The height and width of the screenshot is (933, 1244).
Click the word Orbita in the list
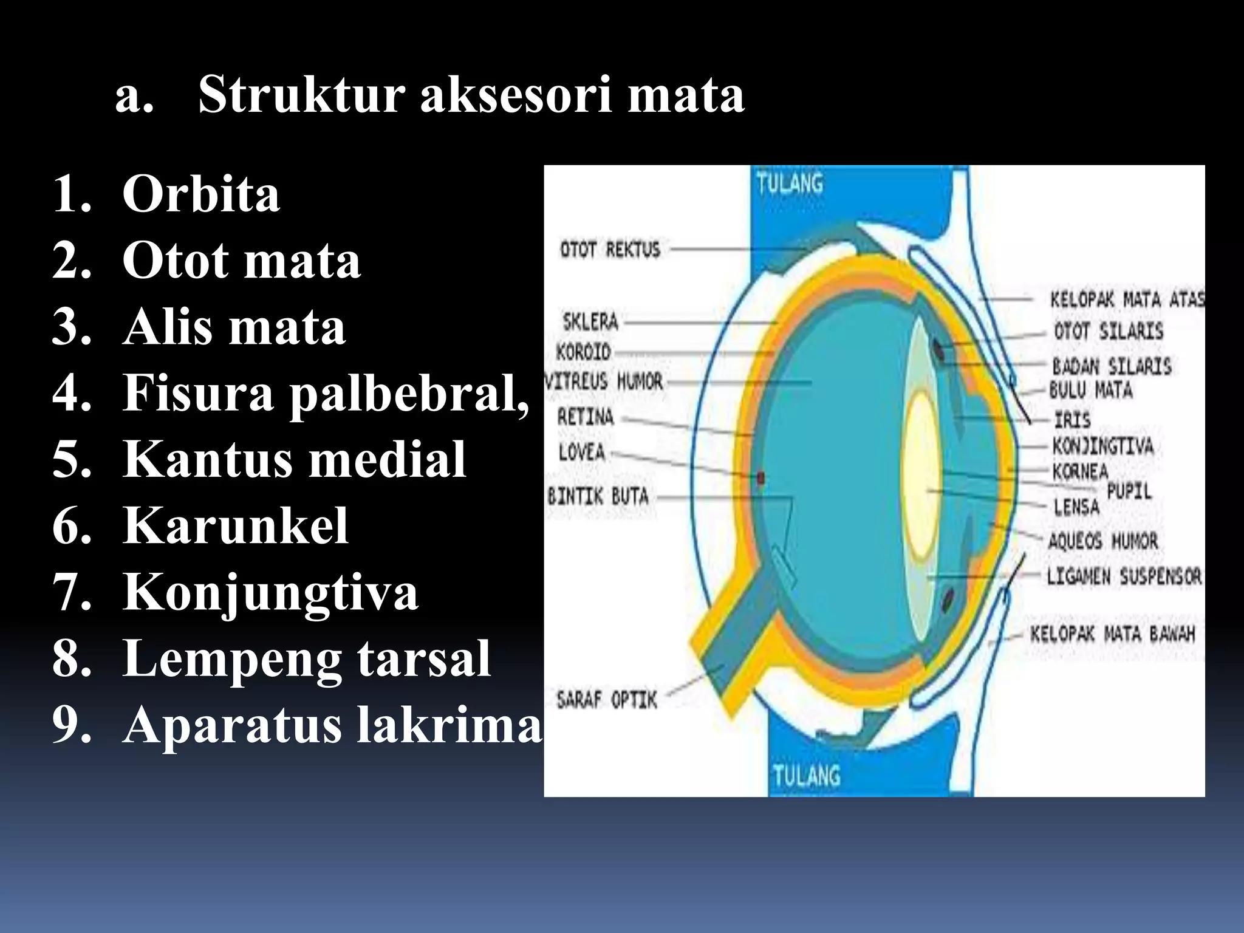(201, 194)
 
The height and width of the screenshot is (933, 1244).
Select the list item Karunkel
(235, 525)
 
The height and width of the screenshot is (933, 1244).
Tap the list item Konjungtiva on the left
(270, 592)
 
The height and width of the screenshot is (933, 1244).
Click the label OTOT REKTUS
(609, 249)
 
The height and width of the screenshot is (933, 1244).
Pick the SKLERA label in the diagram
(590, 321)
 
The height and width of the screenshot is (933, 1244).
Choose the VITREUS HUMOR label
(603, 381)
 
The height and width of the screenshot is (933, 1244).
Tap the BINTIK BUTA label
(598, 496)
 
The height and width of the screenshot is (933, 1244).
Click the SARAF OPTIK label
(606, 700)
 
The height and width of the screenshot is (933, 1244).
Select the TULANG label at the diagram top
(790, 183)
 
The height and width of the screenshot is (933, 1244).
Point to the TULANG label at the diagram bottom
(806, 776)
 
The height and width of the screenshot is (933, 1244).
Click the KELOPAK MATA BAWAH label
(1112, 634)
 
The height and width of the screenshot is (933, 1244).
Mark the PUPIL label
(1129, 491)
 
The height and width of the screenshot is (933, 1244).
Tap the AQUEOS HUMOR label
(1103, 541)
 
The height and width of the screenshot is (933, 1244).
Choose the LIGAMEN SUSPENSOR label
(1124, 576)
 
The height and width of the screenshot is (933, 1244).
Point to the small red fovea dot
(760, 477)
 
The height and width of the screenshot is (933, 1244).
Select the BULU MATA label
(1091, 389)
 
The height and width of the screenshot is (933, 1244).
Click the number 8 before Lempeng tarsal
(72, 659)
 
